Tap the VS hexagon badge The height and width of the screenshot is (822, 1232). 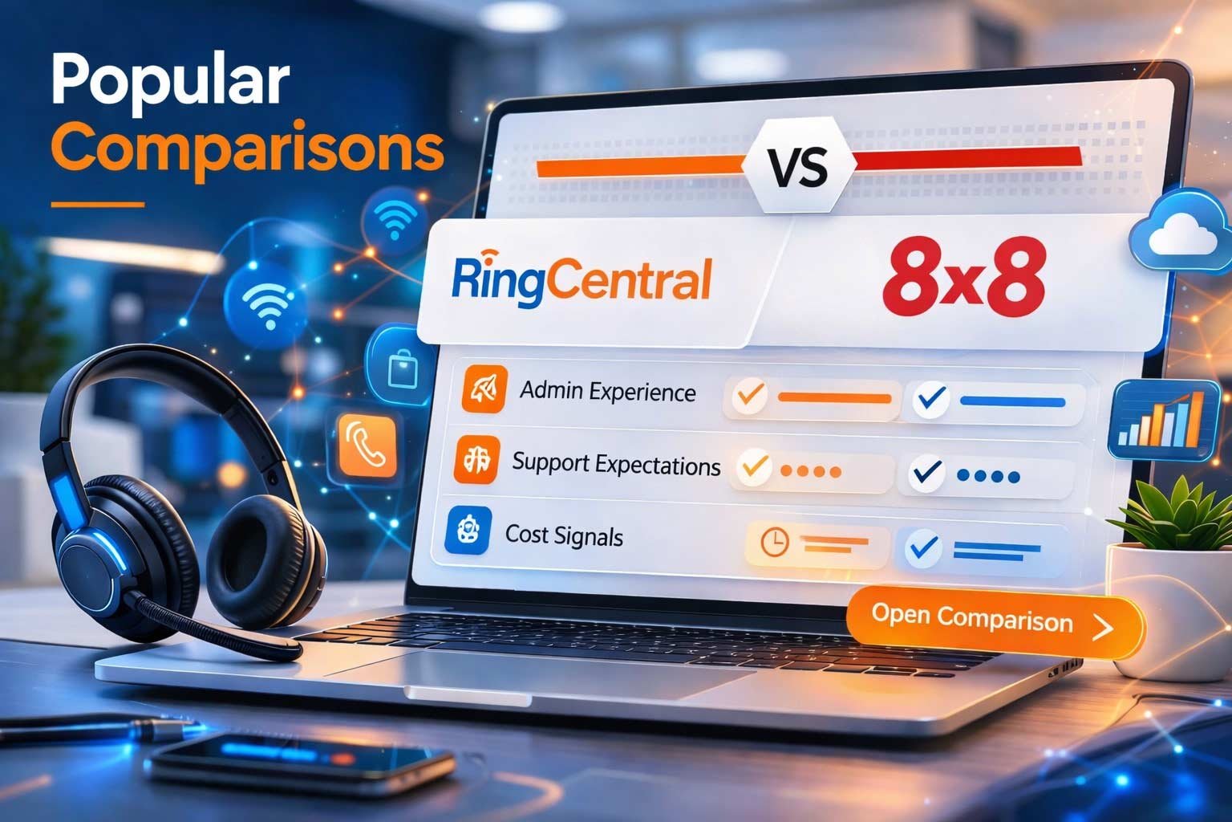pos(797,168)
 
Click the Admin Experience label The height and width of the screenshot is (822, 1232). pos(607,392)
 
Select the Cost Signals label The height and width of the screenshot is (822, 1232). pos(564,535)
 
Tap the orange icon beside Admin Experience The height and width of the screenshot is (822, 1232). pos(484,389)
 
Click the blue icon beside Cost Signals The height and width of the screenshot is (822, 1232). pos(468,530)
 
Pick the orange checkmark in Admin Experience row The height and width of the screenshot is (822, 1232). pos(752,396)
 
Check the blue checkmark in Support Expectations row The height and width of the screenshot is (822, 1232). pos(928,473)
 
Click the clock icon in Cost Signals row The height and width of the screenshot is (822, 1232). pos(775,542)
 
